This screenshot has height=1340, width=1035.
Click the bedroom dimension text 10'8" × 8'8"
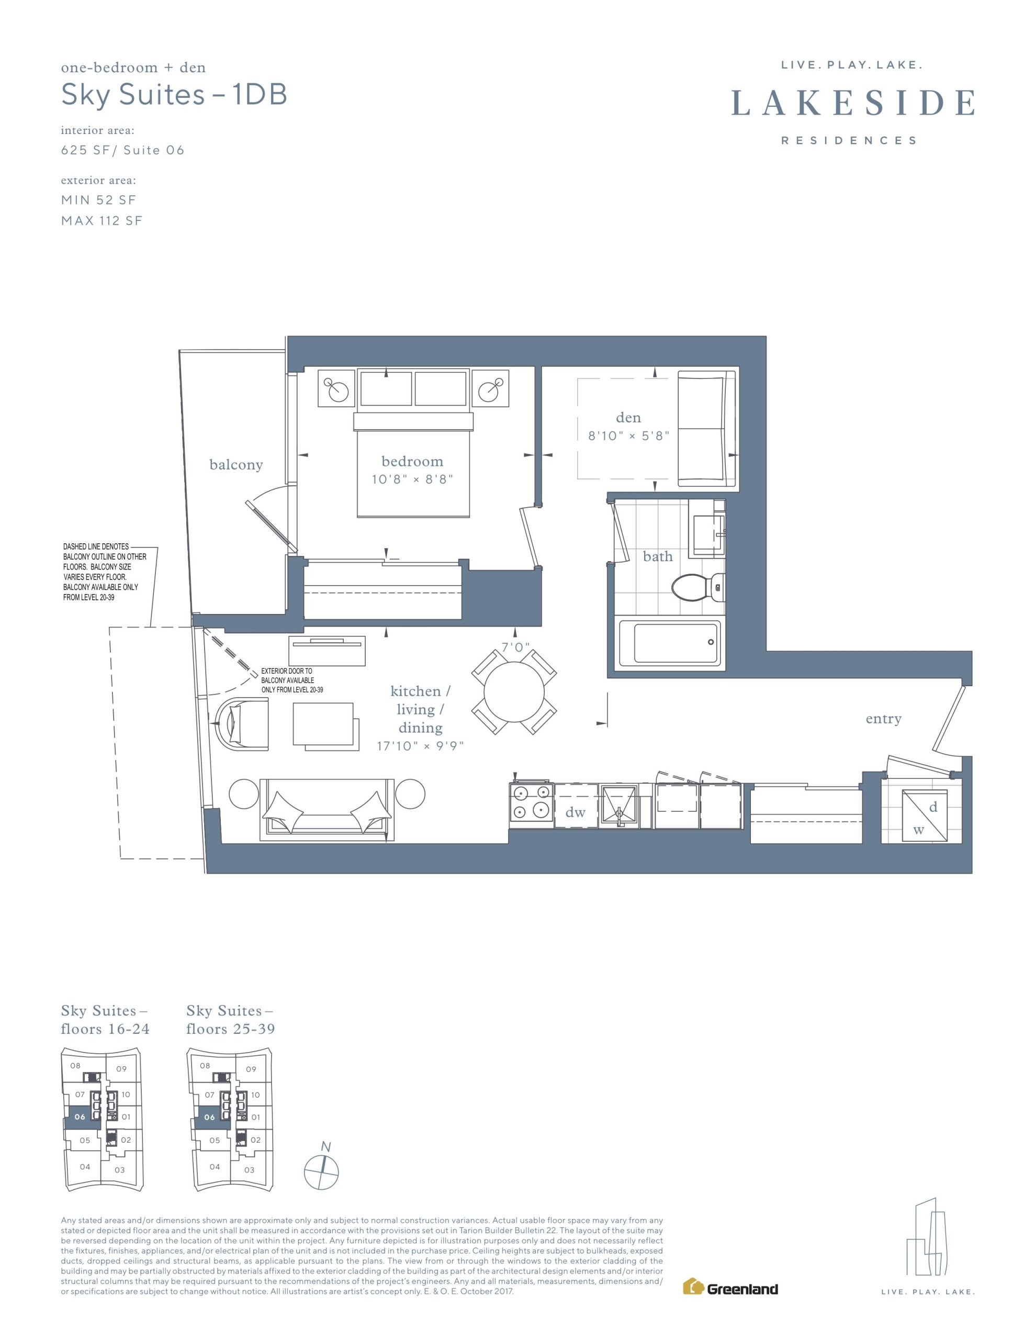(412, 479)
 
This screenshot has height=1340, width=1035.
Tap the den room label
(628, 418)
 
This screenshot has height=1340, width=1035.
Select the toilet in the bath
(699, 587)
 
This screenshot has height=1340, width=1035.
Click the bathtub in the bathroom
(669, 643)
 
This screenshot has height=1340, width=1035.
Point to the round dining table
(514, 692)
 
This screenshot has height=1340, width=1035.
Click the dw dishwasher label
(576, 812)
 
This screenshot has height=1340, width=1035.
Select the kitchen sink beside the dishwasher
(619, 805)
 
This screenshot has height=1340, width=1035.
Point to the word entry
(883, 719)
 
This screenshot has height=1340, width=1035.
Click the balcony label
(236, 464)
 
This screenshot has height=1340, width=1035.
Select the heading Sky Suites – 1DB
(174, 95)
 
